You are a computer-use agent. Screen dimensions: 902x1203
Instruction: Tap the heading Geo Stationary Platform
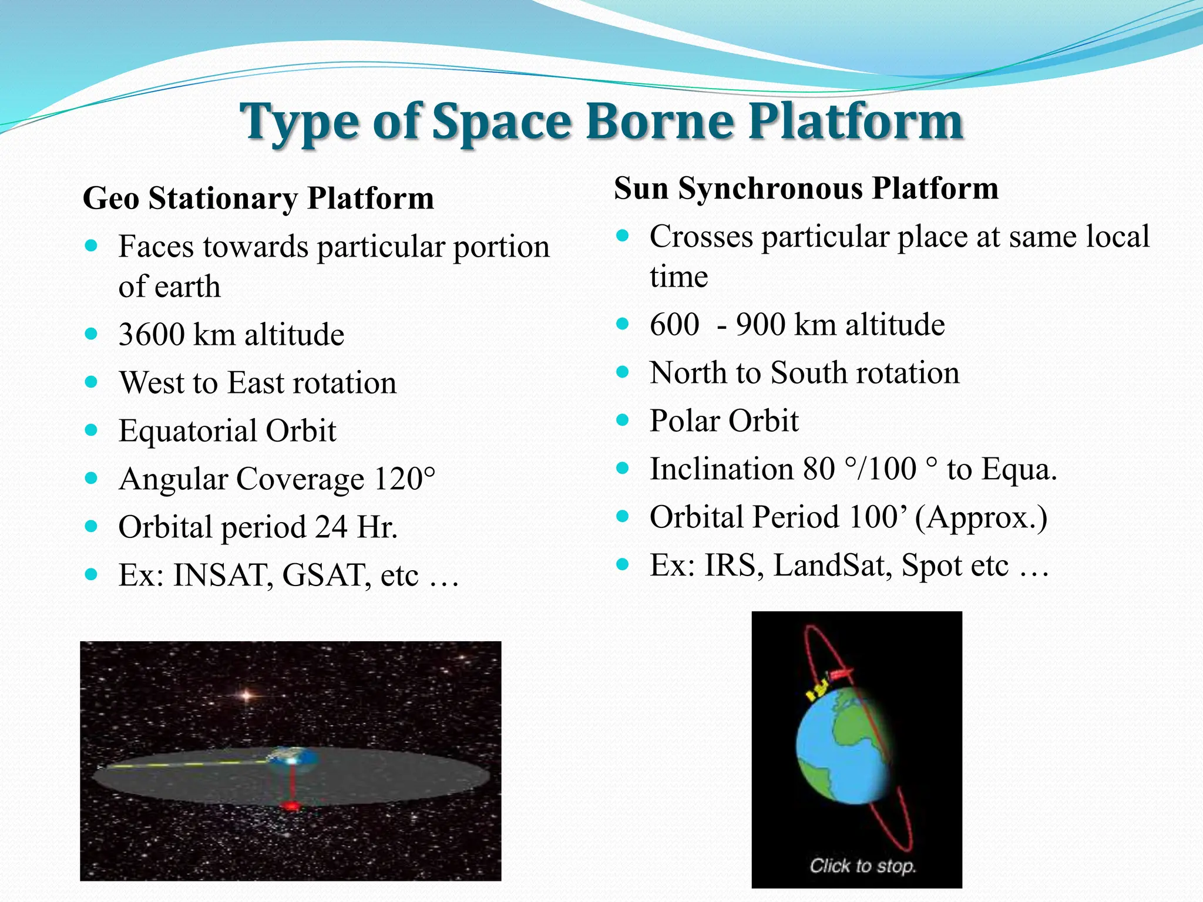pos(258,198)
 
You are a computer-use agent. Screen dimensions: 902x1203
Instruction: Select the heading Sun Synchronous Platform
pos(806,189)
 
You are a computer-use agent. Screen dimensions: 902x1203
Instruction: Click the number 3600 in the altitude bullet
pos(151,335)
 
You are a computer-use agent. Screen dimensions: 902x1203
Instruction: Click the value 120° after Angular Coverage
pos(405,479)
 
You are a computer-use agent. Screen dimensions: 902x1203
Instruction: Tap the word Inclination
pos(721,469)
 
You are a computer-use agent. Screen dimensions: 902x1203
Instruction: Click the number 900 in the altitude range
pos(760,325)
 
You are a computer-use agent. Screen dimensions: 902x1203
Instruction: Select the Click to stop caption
pos(862,866)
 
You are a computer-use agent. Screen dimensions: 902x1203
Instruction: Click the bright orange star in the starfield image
pos(247,696)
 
